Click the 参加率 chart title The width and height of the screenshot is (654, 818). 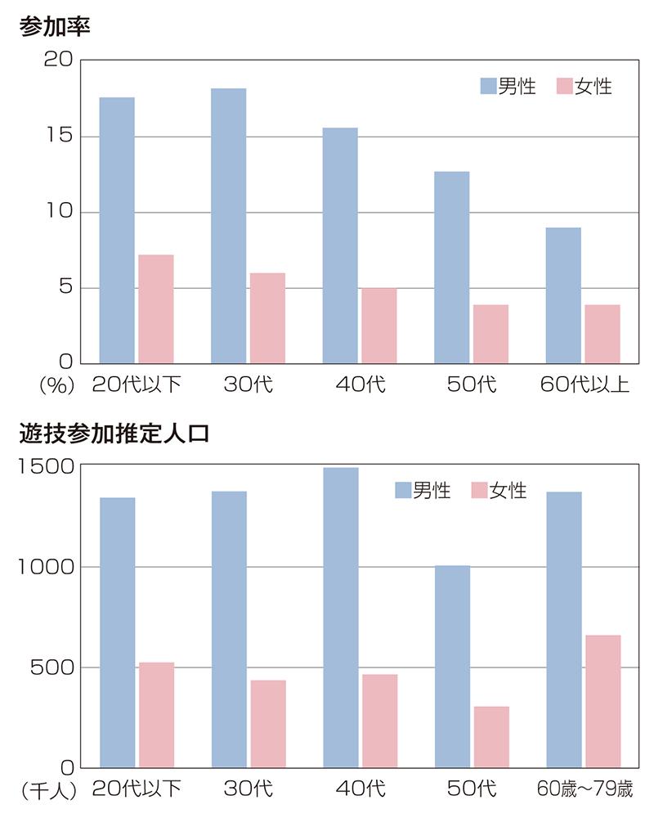54,25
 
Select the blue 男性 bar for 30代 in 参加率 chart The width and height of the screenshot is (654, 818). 228,225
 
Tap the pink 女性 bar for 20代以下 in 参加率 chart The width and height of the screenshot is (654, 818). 155,308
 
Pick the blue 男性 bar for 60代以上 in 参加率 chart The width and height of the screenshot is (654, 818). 563,294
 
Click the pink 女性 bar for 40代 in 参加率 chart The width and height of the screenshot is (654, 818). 379,325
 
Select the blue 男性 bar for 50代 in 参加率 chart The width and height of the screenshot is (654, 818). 451,267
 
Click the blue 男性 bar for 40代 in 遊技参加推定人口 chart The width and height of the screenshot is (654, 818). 341,617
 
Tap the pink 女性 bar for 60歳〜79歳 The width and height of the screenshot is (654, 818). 602,701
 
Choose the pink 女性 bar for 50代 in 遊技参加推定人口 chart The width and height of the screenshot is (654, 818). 490,736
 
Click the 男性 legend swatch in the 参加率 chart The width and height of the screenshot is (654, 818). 488,86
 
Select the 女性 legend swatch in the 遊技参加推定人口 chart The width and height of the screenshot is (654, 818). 479,490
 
